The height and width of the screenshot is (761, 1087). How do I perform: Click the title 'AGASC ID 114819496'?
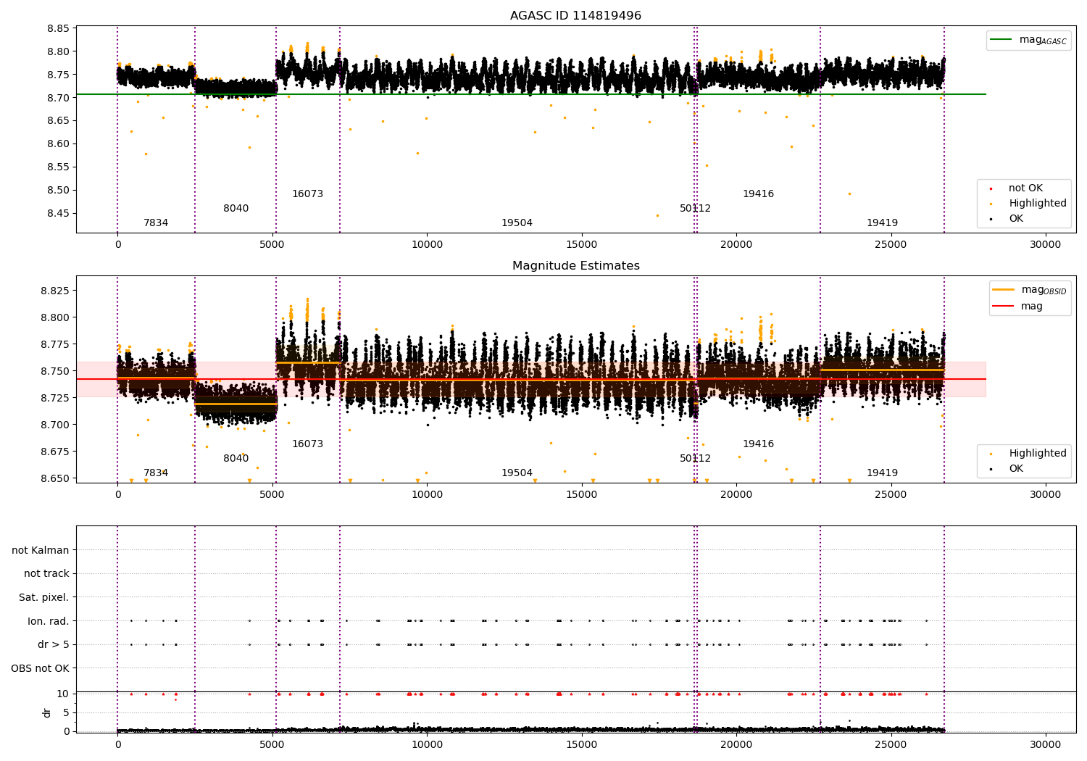click(575, 16)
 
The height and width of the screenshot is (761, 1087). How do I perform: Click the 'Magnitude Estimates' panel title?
click(575, 266)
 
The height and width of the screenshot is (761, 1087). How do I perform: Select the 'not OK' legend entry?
click(1025, 188)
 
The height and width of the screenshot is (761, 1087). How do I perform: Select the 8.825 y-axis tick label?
click(54, 291)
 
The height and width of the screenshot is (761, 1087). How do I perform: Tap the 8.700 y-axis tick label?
click(54, 425)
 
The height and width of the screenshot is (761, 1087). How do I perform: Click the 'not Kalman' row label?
click(41, 550)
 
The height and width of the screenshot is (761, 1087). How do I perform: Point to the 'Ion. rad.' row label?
click(48, 621)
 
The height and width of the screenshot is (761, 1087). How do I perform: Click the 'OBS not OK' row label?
click(40, 668)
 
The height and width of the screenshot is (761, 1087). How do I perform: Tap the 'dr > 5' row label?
click(53, 644)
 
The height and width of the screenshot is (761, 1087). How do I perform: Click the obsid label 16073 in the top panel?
click(307, 194)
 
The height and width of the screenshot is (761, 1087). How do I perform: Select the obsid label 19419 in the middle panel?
click(882, 473)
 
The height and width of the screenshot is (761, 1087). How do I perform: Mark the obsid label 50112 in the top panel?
click(695, 209)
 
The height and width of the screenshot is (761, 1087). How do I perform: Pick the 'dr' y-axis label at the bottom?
click(47, 712)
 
